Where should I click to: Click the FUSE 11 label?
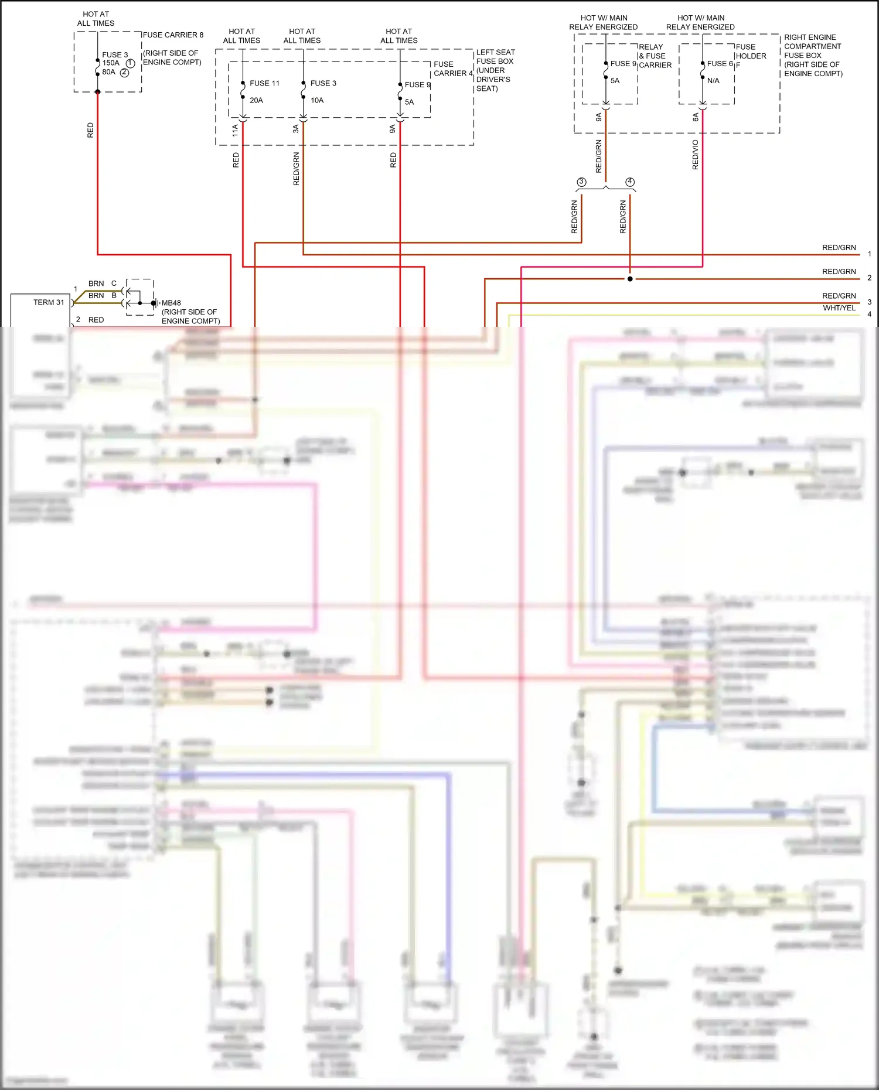click(x=264, y=83)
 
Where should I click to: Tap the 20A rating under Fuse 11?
click(x=256, y=100)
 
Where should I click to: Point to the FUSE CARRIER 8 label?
click(x=173, y=35)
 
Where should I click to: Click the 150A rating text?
click(x=111, y=63)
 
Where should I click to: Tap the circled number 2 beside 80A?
click(x=124, y=73)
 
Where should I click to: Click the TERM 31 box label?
click(x=49, y=302)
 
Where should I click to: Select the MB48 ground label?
click(x=171, y=303)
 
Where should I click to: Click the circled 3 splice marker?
click(x=581, y=182)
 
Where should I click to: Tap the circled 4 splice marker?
click(x=630, y=182)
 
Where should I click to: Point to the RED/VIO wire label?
click(x=695, y=155)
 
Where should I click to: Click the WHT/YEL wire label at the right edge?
click(x=839, y=308)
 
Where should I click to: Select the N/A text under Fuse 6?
click(x=713, y=81)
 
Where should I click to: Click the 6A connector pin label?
click(x=696, y=117)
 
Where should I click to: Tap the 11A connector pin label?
click(x=235, y=130)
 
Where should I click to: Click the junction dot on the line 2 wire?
click(x=630, y=279)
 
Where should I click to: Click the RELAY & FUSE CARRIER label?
click(x=655, y=56)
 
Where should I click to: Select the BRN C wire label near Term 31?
click(x=102, y=283)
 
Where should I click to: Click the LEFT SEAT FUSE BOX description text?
click(x=495, y=70)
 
